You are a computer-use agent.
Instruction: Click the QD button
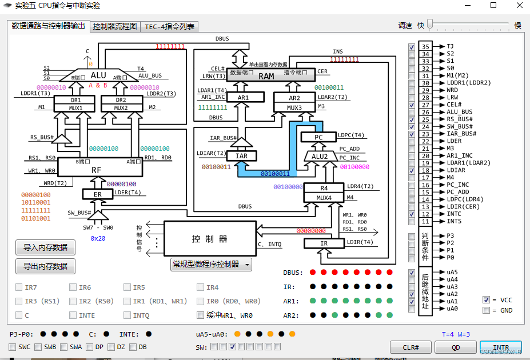click(456, 347)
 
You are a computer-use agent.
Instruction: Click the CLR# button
click(411, 347)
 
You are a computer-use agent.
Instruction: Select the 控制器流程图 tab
click(115, 26)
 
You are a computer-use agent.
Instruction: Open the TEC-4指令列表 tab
click(169, 26)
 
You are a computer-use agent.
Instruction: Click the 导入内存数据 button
click(45, 247)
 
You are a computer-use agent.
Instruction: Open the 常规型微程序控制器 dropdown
click(212, 264)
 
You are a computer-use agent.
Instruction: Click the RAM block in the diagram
click(266, 76)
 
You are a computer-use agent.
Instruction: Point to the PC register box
click(318, 137)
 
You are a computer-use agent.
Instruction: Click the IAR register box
click(241, 155)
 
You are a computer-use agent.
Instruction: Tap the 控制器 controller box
click(209, 238)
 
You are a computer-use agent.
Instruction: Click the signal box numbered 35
click(425, 47)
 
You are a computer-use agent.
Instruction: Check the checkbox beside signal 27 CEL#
click(412, 105)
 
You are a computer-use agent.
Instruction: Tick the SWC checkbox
click(13, 347)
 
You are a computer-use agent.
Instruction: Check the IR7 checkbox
click(19, 287)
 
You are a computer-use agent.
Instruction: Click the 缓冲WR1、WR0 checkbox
click(200, 315)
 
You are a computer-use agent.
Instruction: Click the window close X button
click(518, 5)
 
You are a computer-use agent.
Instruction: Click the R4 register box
click(324, 188)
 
